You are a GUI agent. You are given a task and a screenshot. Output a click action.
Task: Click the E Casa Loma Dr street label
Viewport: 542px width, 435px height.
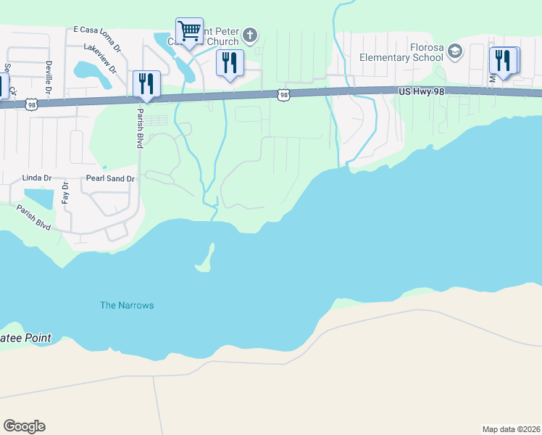97,30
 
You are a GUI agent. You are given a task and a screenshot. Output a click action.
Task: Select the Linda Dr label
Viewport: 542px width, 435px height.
36,178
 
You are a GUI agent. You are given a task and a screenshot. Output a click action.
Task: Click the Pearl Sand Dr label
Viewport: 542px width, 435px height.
111,178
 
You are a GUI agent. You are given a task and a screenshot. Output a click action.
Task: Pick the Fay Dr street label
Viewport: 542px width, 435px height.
65,194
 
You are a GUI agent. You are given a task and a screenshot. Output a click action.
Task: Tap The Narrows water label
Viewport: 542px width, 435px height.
127,305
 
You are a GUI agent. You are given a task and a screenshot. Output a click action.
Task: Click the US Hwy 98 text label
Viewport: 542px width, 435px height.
421,91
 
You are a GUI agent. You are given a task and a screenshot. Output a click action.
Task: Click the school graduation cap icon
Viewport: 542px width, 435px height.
455,51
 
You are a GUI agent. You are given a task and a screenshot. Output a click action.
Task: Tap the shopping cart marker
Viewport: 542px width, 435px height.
189,31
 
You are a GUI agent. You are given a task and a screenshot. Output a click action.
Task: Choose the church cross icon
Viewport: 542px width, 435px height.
250,35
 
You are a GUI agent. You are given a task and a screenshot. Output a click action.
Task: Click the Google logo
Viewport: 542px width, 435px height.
24,426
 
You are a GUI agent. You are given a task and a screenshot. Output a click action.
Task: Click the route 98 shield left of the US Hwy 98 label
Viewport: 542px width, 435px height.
284,94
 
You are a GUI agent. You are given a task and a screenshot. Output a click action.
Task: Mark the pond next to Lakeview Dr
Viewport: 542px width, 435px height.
88,69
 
